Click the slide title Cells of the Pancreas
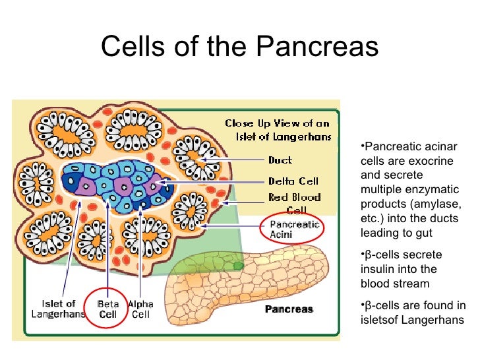point(240,47)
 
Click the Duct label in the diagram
point(280,160)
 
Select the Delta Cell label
point(293,181)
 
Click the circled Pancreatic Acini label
point(294,229)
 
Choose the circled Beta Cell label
point(107,309)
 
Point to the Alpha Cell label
point(140,309)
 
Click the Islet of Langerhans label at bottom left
point(59,309)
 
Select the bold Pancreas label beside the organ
point(289,309)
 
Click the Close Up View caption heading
point(277,129)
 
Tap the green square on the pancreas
point(238,266)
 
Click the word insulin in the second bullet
point(376,269)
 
